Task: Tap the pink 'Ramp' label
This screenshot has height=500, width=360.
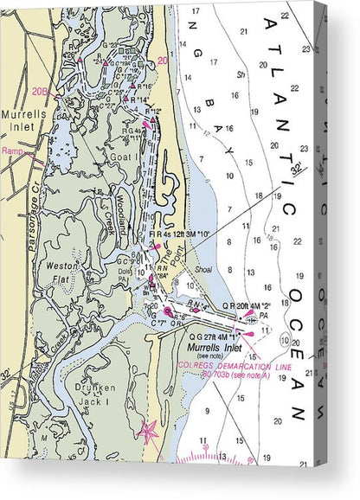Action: pyautogui.click(x=13, y=151)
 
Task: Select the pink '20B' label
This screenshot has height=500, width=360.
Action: pyautogui.click(x=39, y=90)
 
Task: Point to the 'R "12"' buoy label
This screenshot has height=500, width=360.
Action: pyautogui.click(x=154, y=111)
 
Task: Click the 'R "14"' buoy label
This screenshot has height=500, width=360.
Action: pyautogui.click(x=138, y=99)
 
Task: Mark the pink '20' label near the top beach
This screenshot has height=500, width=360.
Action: pyautogui.click(x=164, y=61)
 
